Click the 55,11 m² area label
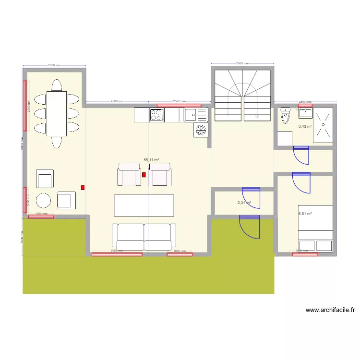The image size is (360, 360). coord(151,160)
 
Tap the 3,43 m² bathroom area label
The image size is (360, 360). coord(305,127)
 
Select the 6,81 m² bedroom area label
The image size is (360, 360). coord(305,214)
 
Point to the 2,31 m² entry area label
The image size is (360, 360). coord(244,203)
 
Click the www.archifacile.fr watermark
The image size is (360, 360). coord(330,310)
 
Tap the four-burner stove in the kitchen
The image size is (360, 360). coord(156,115)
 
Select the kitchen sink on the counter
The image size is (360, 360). coord(191,115)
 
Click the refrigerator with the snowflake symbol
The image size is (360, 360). coord(201,130)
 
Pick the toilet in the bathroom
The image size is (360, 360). coord(286,116)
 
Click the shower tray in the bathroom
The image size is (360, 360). coord(323,125)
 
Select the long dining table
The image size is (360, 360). coord(56,114)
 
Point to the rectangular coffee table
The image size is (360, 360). coord(144,205)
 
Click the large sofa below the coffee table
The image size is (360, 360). coord(144,236)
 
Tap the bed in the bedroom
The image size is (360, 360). coord(315,228)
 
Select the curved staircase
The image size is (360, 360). coord(243,94)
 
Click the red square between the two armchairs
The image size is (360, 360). coord(144,175)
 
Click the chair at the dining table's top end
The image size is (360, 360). coord(56,85)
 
